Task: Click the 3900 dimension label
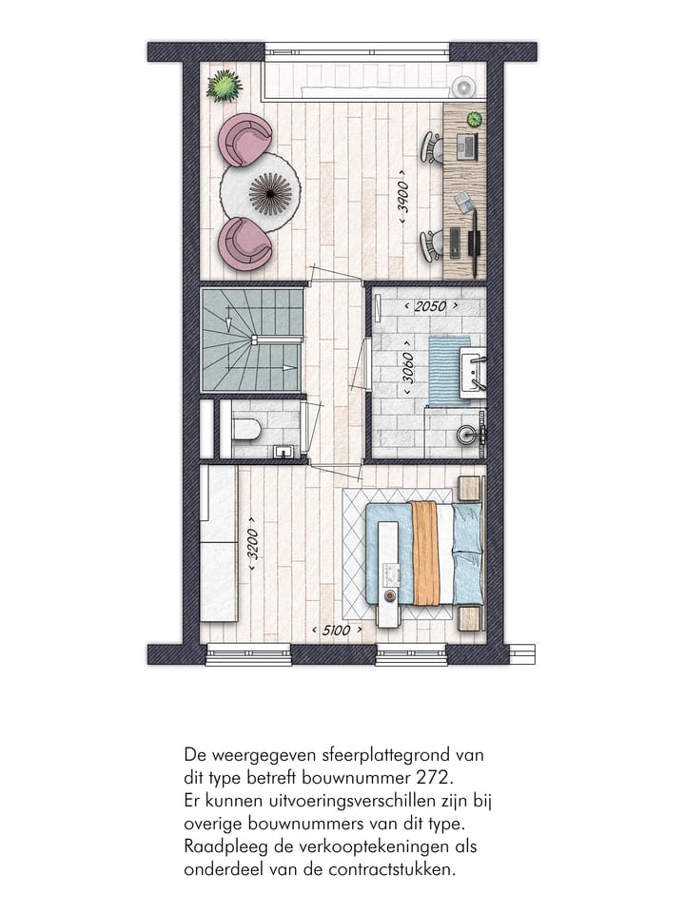pyautogui.click(x=403, y=202)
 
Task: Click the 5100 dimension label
pyautogui.click(x=337, y=631)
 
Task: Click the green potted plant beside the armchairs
pyautogui.click(x=225, y=86)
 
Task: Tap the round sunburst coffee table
pyautogui.click(x=270, y=193)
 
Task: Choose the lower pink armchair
pyautogui.click(x=244, y=243)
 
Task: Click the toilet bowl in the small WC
pyautogui.click(x=246, y=430)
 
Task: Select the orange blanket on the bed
pyautogui.click(x=426, y=553)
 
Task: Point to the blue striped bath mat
pyautogui.click(x=449, y=370)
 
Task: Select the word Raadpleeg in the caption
pyautogui.click(x=221, y=845)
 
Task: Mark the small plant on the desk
pyautogui.click(x=474, y=119)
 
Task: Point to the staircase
pyautogui.click(x=252, y=340)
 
